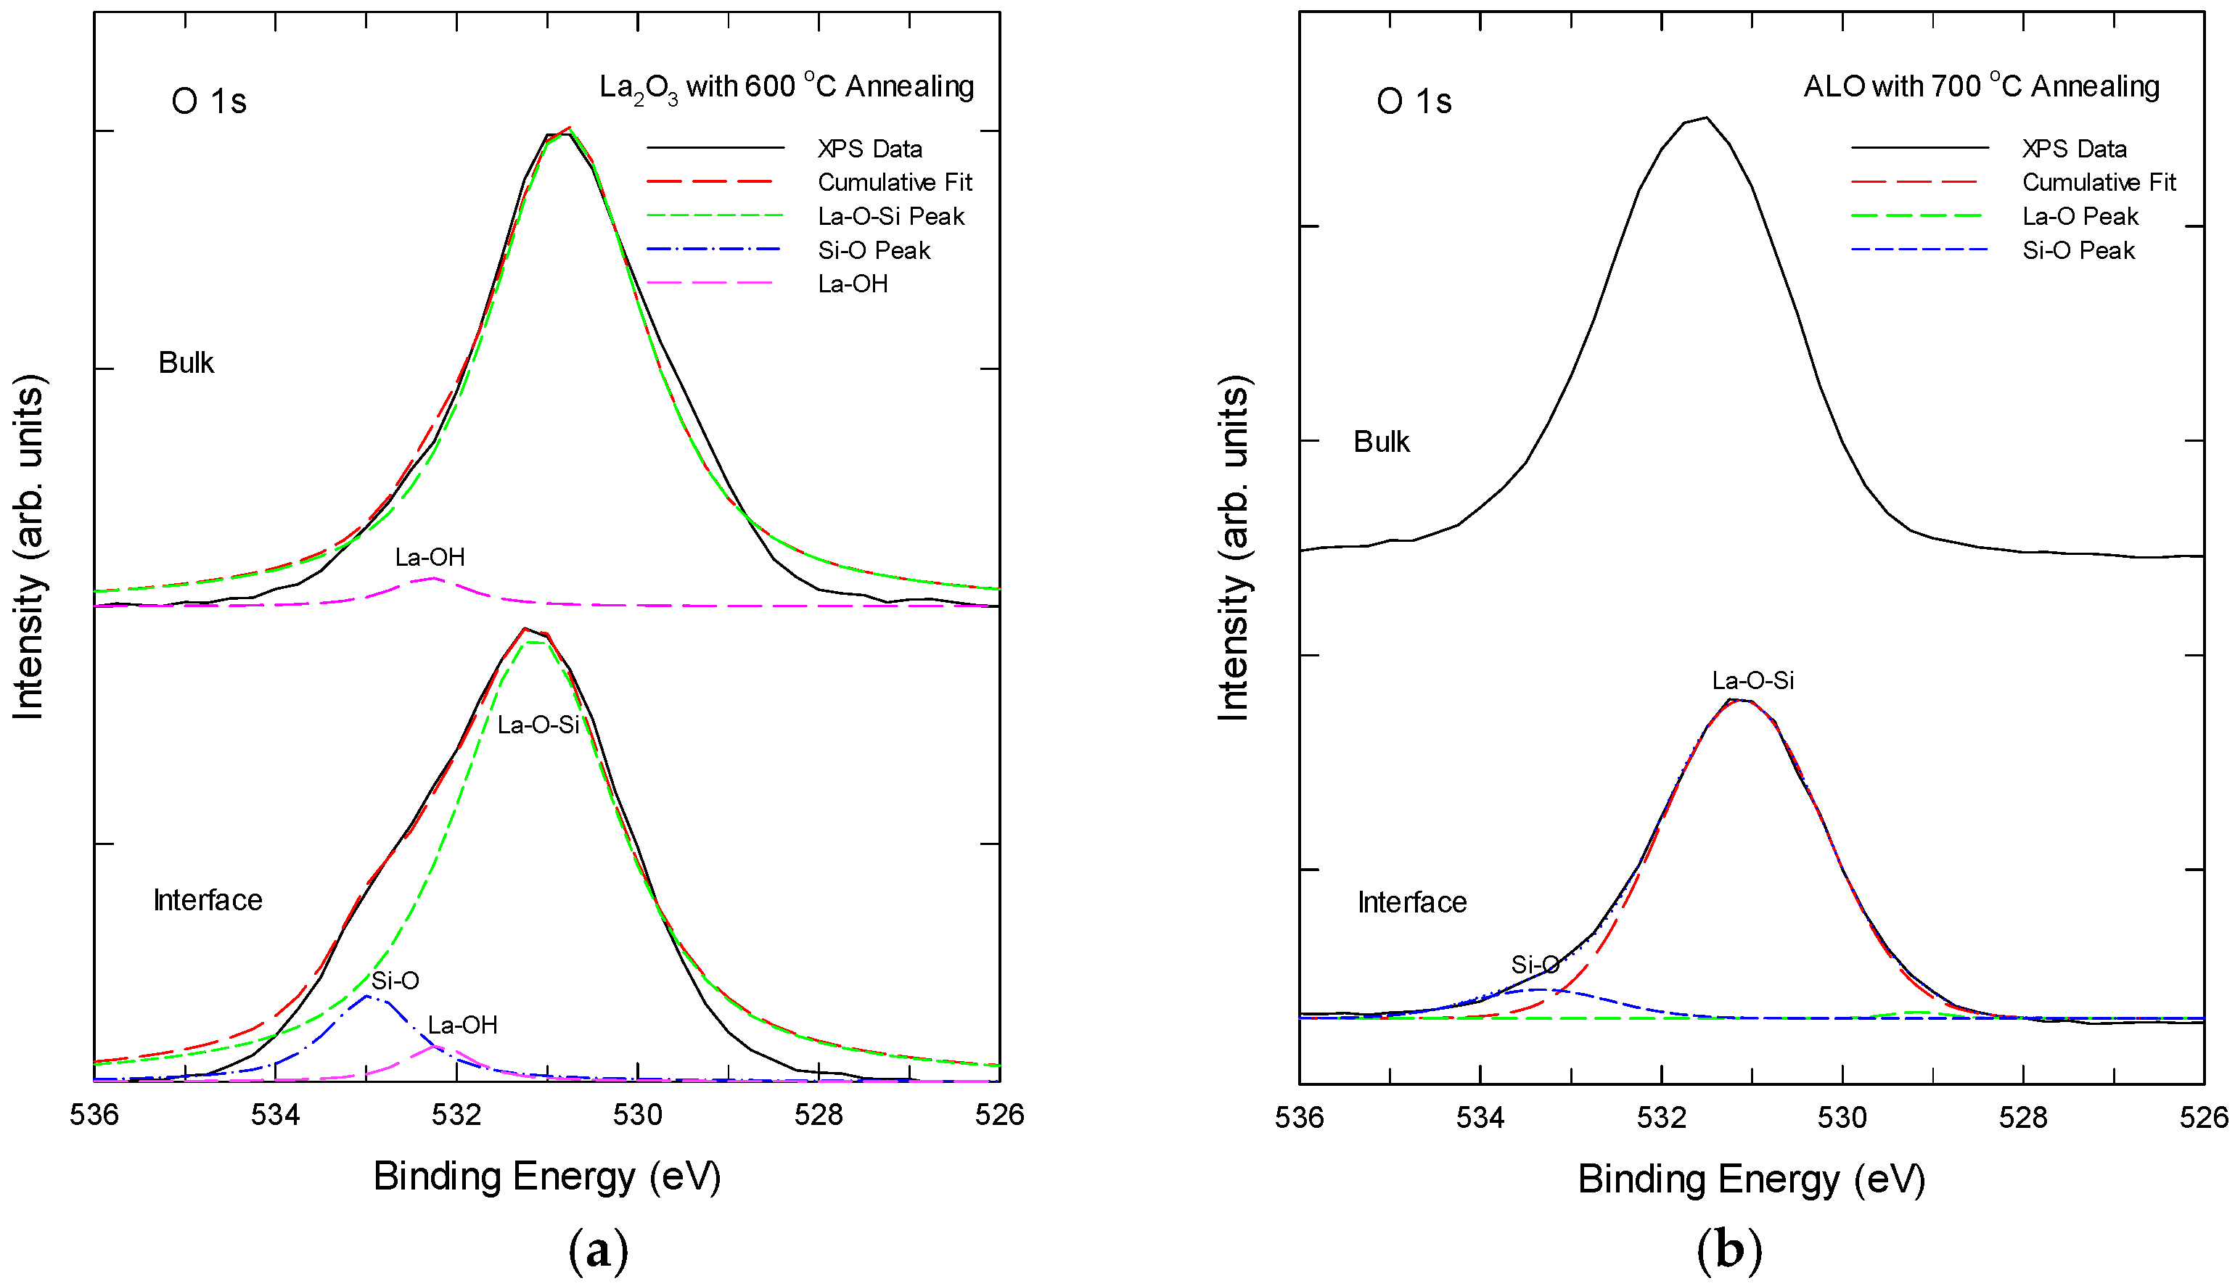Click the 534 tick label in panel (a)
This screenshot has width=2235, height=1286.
pyautogui.click(x=275, y=1115)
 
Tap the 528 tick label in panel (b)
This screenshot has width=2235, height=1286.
pyautogui.click(x=2022, y=1117)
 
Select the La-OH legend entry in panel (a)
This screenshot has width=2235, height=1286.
pyautogui.click(x=852, y=284)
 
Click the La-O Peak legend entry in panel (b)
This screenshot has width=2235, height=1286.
pyautogui.click(x=2080, y=216)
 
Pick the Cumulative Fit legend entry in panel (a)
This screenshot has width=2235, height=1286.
pyautogui.click(x=894, y=183)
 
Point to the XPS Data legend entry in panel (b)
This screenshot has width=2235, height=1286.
pyautogui.click(x=2073, y=149)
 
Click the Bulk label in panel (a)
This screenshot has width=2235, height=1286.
pyautogui.click(x=186, y=362)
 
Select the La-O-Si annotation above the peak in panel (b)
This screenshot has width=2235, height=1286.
pyautogui.click(x=1752, y=680)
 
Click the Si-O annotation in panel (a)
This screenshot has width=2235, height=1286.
pyautogui.click(x=394, y=981)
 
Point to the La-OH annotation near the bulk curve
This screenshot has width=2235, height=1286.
pyautogui.click(x=430, y=556)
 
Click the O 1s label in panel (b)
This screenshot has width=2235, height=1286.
pyautogui.click(x=1413, y=102)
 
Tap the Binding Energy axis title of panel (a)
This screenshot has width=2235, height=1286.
pyautogui.click(x=547, y=1176)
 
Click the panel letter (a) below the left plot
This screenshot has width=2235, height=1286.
pyautogui.click(x=598, y=1250)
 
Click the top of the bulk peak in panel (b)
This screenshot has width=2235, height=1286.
pyautogui.click(x=1705, y=118)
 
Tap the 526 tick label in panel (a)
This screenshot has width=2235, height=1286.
pyautogui.click(x=999, y=1115)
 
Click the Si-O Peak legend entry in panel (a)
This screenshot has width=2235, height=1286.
pyautogui.click(x=873, y=251)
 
